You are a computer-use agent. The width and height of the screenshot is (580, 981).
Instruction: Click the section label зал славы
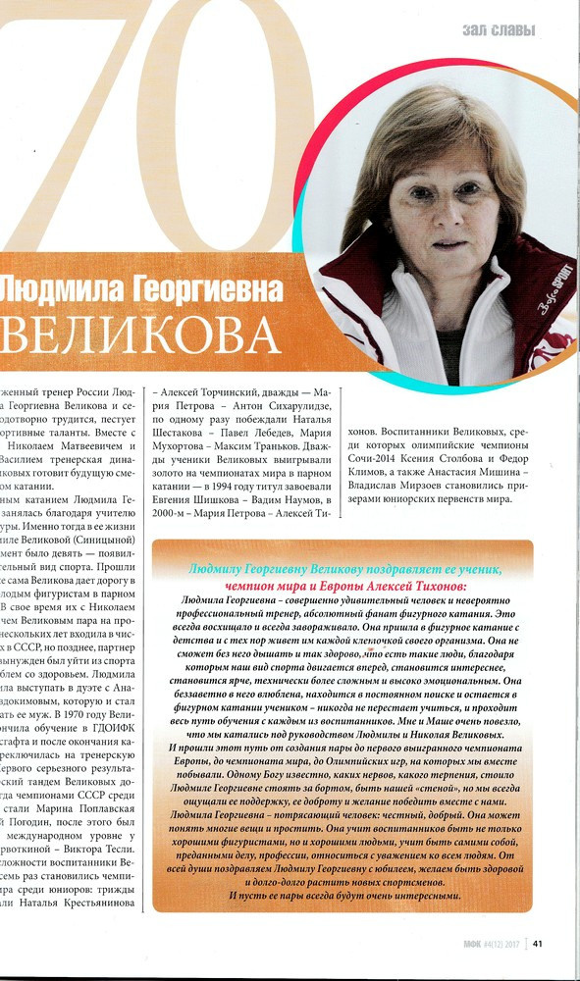pos(499,31)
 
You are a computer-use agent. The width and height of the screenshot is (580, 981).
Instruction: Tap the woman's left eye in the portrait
pos(474,197)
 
